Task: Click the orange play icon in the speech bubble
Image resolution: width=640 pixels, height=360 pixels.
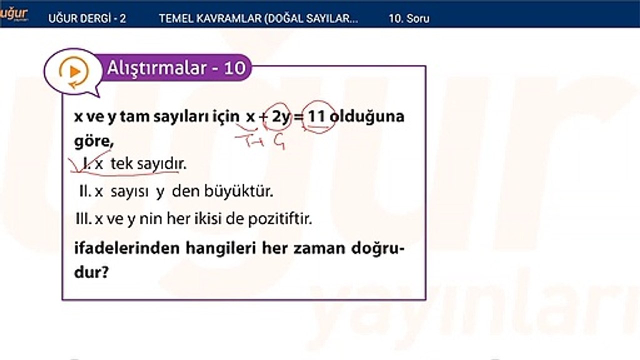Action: pyautogui.click(x=74, y=72)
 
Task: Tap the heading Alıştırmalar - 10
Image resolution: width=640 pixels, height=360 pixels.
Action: pyautogui.click(x=176, y=68)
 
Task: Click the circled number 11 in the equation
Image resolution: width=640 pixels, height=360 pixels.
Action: pyautogui.click(x=316, y=117)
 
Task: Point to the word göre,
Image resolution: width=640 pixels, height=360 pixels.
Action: pyautogui.click(x=93, y=142)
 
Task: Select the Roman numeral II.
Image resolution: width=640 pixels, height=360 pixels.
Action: pyautogui.click(x=83, y=192)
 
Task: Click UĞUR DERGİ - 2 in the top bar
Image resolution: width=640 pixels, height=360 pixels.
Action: pyautogui.click(x=87, y=18)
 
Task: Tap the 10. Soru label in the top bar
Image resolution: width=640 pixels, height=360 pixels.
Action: pyautogui.click(x=409, y=18)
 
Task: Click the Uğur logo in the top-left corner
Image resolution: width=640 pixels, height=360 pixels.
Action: pyautogui.click(x=13, y=14)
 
